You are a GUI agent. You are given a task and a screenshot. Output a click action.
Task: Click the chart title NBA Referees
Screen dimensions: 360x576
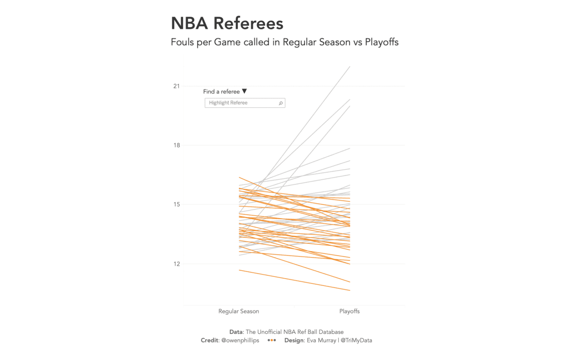coord(227,23)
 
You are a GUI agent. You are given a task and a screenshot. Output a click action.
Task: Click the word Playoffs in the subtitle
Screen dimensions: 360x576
coord(381,42)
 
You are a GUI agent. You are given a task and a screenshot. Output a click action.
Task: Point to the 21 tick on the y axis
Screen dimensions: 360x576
coord(177,86)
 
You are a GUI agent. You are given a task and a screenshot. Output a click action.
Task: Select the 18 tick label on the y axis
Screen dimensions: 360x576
coord(177,146)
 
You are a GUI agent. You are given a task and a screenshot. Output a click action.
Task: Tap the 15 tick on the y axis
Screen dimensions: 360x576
coord(177,205)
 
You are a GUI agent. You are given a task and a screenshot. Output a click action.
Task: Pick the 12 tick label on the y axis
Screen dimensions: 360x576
coord(177,264)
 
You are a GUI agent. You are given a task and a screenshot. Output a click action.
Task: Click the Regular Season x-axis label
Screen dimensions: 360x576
coord(238,311)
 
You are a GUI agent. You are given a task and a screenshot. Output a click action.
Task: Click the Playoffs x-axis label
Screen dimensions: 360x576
coord(349,311)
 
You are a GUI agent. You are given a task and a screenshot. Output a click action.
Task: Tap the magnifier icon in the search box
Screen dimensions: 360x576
coord(281,103)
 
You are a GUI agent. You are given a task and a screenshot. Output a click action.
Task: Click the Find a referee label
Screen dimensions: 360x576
coord(221,92)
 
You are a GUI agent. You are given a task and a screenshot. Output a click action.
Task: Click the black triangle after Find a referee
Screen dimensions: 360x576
coord(244,91)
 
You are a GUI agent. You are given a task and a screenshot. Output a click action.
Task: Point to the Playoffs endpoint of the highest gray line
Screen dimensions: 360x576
coord(350,67)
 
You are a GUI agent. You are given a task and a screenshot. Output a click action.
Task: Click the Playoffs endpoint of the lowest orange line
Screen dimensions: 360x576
coord(350,291)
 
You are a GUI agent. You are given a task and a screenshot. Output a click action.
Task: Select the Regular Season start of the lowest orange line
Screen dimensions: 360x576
coord(239,270)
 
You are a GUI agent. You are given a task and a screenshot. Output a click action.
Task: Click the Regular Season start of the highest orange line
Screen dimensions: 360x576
coord(239,177)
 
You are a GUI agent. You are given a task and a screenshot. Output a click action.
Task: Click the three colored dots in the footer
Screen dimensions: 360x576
coord(271,340)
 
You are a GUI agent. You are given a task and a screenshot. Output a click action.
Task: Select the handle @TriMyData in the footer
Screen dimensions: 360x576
coord(356,340)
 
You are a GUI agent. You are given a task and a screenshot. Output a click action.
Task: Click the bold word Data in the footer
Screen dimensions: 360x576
coord(236,332)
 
